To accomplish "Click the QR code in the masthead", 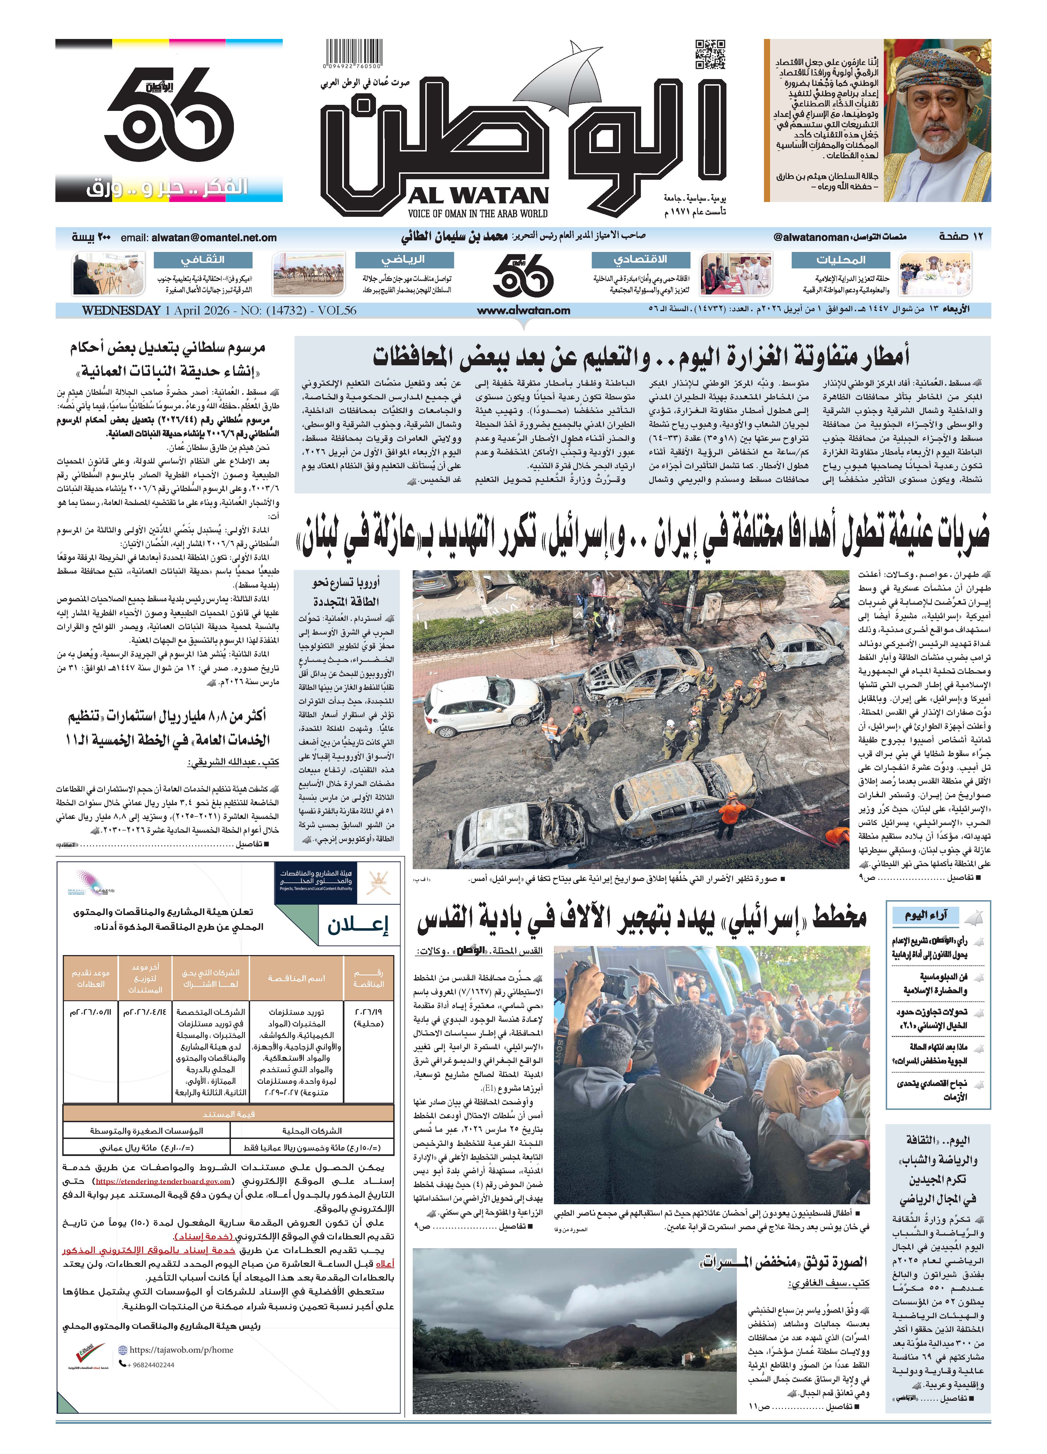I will [x=710, y=54].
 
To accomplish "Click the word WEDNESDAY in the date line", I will [x=121, y=310].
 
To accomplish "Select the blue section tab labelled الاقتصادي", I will [x=641, y=260].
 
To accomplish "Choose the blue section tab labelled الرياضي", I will [x=404, y=260].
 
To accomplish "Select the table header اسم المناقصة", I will [x=296, y=978].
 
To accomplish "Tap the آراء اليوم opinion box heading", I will [x=926, y=915].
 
